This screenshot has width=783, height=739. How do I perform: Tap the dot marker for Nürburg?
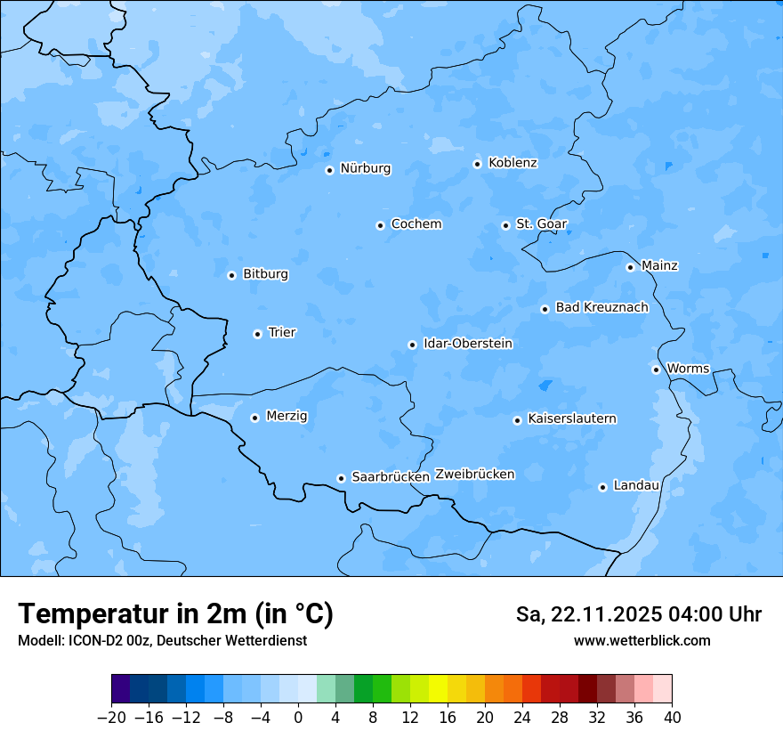[x=329, y=170]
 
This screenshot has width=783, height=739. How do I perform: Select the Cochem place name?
[x=416, y=224]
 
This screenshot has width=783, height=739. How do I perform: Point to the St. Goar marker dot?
[x=505, y=225]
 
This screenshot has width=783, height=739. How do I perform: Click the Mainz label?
[x=659, y=266]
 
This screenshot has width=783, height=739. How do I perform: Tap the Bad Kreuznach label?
[x=601, y=308]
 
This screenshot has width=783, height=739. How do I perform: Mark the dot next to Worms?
[x=656, y=369]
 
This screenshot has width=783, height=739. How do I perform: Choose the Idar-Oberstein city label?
[x=467, y=344]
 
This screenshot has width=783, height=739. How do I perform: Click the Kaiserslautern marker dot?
[x=517, y=420]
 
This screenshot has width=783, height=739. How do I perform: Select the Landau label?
[x=636, y=486]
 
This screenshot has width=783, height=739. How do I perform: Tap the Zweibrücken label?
[x=474, y=475]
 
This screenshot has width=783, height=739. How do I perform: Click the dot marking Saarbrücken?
[x=341, y=478]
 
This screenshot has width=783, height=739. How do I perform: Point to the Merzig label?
[x=287, y=417]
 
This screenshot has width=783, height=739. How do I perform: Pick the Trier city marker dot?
[x=257, y=334]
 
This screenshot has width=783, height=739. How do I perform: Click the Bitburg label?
[x=265, y=274]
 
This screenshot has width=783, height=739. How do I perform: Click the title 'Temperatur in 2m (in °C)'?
[x=175, y=613]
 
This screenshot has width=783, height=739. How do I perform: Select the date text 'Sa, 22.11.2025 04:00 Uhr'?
[x=638, y=614]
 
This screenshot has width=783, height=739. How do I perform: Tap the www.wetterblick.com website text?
[x=642, y=640]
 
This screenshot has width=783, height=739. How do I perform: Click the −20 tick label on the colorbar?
[x=111, y=718]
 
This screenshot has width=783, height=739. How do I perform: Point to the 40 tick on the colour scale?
[x=672, y=718]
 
